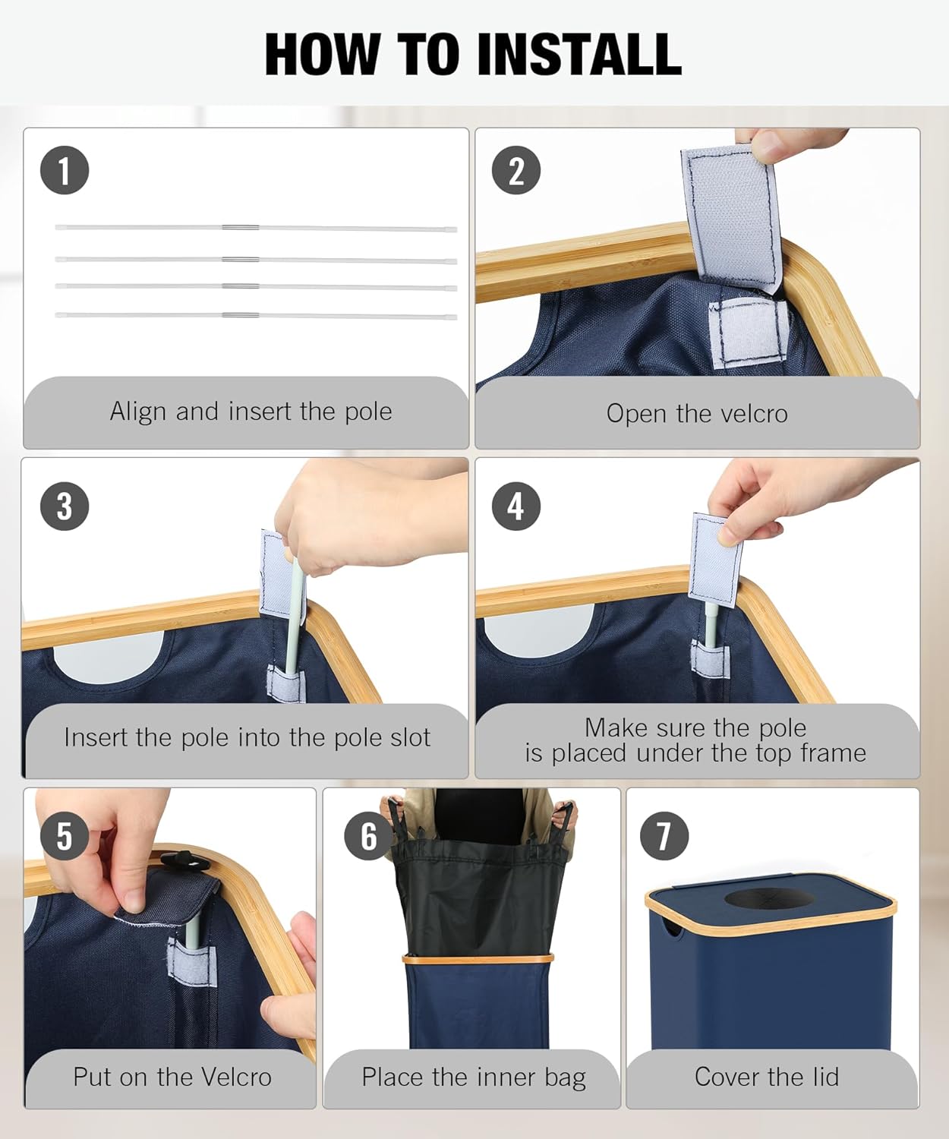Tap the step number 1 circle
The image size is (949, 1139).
[65, 170]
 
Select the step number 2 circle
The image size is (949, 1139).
[516, 170]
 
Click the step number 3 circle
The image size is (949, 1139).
[65, 506]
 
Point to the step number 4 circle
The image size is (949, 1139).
[516, 506]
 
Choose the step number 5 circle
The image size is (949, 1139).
[65, 836]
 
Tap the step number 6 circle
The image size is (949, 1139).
[369, 836]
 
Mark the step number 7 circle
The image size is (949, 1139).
[664, 836]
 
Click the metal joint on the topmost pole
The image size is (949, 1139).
[240, 227]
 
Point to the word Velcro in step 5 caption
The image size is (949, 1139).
[236, 1077]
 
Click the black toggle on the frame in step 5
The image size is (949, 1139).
[185, 861]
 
